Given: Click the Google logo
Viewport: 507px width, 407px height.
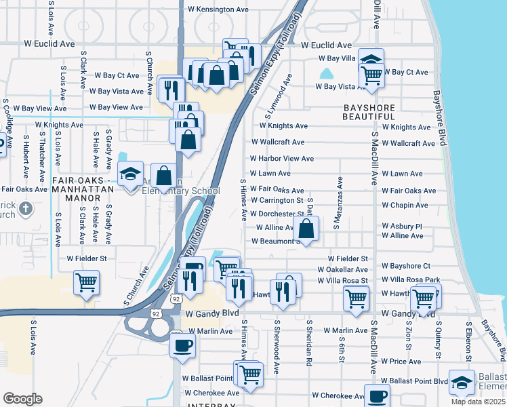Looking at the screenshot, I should point(22,399).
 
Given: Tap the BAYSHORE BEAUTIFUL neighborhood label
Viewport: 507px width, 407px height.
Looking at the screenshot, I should point(378,113).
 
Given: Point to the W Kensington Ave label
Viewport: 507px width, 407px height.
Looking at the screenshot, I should point(218,9).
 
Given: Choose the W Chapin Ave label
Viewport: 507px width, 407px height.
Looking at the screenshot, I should point(405,206).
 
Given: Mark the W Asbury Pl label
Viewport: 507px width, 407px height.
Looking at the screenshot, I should point(402,227).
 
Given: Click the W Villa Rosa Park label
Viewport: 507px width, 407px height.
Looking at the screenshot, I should point(411,280).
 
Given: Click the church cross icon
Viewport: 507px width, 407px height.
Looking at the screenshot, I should point(25,208).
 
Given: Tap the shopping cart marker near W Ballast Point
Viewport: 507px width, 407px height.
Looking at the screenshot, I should point(250,374).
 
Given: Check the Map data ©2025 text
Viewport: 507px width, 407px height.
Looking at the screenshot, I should point(479,402).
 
